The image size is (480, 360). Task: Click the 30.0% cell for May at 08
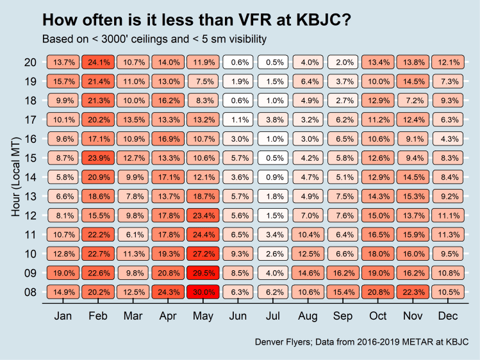tap(204, 293)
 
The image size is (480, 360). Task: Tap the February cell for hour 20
tap(99, 62)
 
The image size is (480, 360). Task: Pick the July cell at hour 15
tap(274, 157)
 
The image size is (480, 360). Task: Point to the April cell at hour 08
tap(169, 293)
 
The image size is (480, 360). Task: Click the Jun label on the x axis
tap(239, 316)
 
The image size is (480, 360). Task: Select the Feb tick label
tap(99, 316)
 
